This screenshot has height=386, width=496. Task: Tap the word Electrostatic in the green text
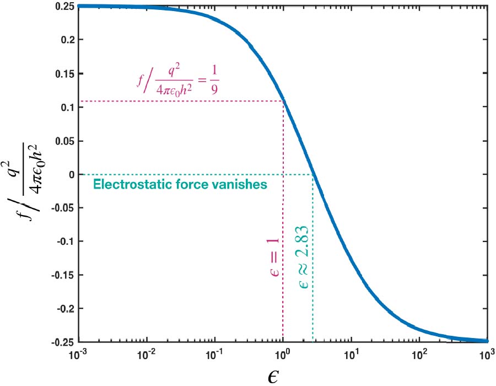[121, 185]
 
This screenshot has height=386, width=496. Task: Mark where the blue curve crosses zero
[313, 175]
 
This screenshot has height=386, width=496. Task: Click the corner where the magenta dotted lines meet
[283, 101]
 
